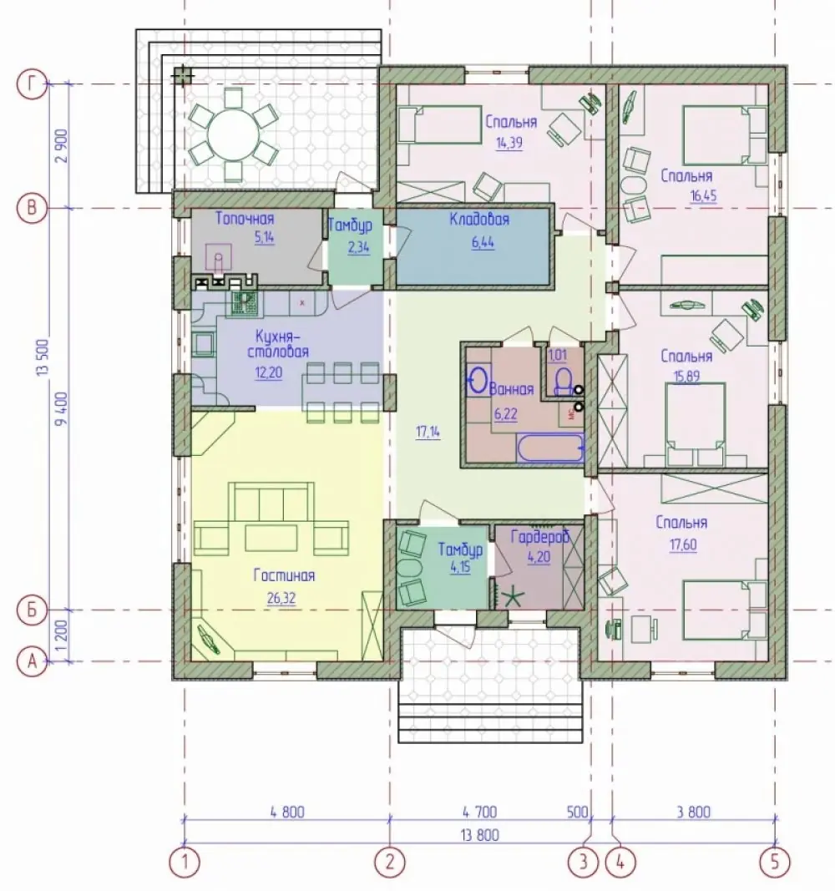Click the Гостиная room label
284,575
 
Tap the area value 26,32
281,598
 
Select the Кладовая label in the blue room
479,219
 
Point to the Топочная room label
245,218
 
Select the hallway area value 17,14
428,432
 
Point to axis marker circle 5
776,862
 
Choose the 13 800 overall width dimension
481,835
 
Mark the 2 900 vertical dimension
62,146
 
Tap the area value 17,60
683,544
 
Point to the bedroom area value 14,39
509,143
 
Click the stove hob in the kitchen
245,303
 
